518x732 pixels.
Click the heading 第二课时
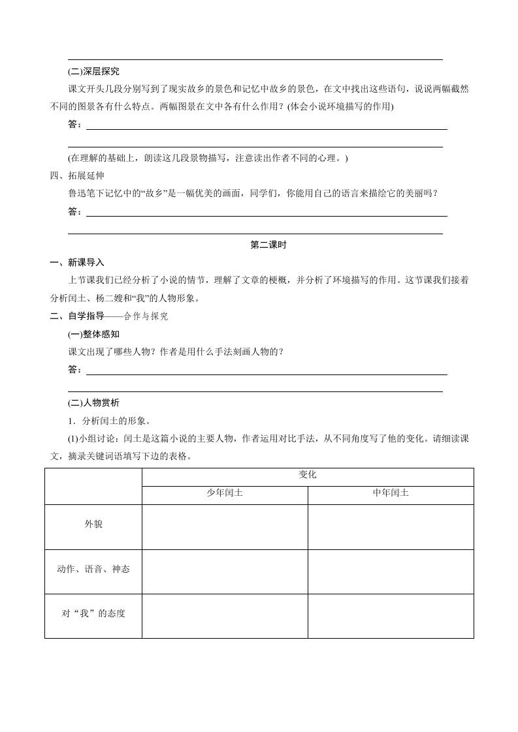[268, 245]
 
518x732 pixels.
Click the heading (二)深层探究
[93, 72]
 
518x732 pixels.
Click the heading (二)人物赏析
[93, 402]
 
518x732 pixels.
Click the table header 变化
[307, 476]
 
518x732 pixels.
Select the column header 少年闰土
[225, 494]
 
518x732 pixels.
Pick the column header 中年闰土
[391, 494]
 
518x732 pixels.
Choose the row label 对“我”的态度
[93, 614]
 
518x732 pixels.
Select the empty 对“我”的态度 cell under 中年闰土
[391, 615]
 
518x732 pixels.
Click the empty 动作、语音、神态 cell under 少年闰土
[225, 571]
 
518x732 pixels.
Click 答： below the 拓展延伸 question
[75, 211]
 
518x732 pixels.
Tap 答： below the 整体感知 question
[75, 370]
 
